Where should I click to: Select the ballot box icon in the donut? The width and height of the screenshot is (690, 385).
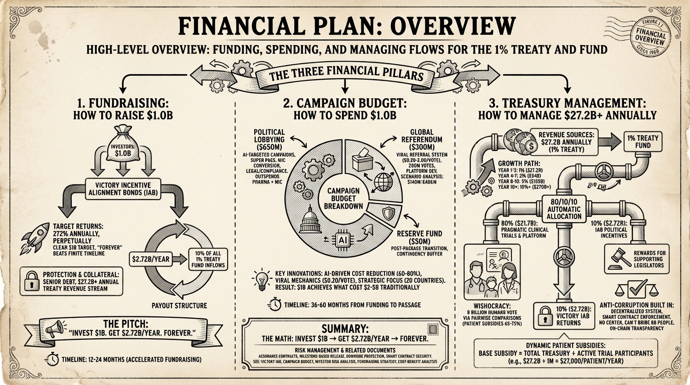tap(362, 161)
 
